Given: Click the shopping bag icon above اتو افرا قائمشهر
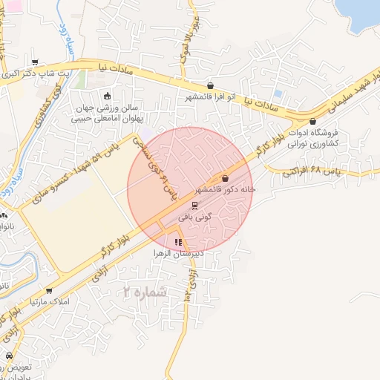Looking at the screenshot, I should [x=211, y=86].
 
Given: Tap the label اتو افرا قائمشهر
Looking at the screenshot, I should [x=211, y=97].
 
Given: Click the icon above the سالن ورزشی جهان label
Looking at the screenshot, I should [x=107, y=96].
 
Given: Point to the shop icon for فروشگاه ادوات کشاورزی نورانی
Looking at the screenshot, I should [x=312, y=122].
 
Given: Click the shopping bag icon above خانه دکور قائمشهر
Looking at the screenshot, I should [x=225, y=178].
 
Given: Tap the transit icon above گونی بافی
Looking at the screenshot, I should [x=194, y=206].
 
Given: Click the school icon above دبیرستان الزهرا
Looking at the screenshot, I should [x=177, y=242].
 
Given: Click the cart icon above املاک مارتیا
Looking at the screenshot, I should [x=49, y=291].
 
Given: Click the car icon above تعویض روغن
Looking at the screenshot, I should [x=8, y=356].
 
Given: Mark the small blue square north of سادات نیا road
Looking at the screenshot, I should [x=278, y=94].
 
